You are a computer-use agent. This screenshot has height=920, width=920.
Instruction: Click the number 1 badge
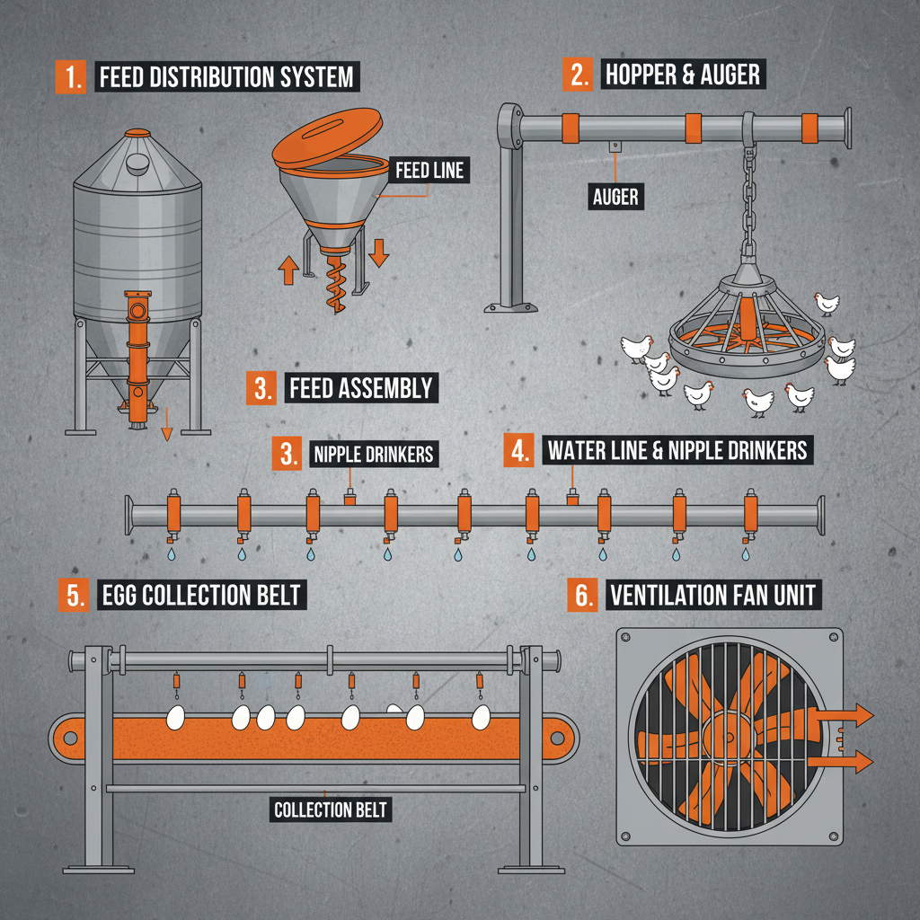point(68,76)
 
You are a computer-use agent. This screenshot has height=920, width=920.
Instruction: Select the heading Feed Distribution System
point(226,77)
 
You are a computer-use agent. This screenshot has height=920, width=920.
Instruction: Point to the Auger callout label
point(616,196)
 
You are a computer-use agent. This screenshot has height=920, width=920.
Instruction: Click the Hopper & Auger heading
point(683,75)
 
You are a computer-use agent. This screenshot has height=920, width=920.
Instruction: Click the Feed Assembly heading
point(360,388)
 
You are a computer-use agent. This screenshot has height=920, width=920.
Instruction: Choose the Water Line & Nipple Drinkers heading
point(677,449)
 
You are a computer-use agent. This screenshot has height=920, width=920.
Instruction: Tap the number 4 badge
point(518,450)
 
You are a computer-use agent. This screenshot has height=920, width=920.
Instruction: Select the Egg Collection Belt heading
point(200,595)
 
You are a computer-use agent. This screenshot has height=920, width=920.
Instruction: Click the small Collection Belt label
point(330,809)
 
